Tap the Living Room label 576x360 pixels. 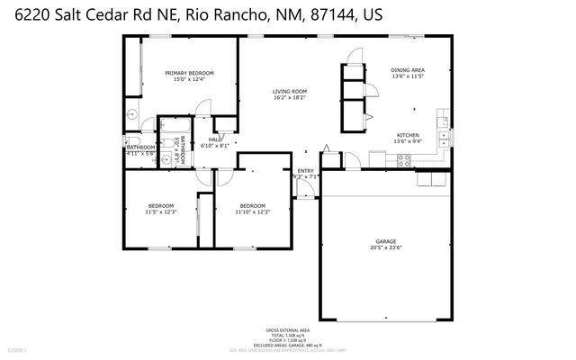(290, 91)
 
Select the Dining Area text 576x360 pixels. (408, 70)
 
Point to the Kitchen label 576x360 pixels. (408, 135)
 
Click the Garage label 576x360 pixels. (386, 242)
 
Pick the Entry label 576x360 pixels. (306, 171)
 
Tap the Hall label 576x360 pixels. (214, 139)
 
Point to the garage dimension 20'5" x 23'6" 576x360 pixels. (386, 248)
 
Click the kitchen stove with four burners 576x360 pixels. (405, 159)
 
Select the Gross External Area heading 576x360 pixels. (288, 330)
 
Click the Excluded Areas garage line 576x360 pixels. (288, 346)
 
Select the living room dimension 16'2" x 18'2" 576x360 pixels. (290, 97)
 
